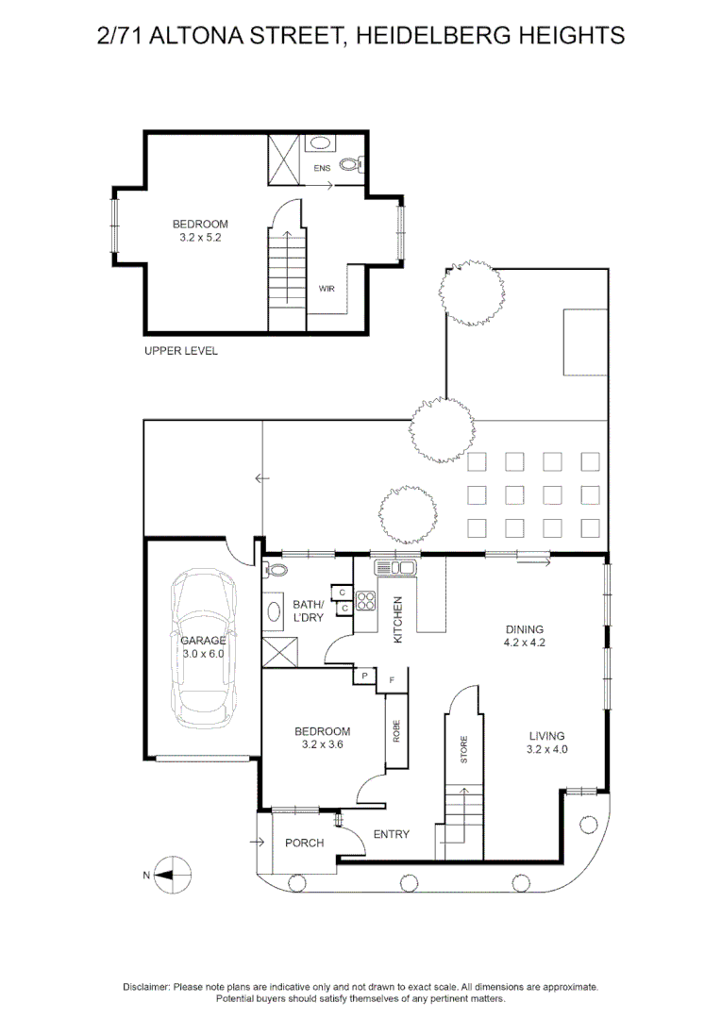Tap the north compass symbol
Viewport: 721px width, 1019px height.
170,875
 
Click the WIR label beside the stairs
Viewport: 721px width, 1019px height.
327,289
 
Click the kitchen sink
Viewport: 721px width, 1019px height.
395,567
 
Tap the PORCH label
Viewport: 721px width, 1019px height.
305,843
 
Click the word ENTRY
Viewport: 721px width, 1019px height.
391,833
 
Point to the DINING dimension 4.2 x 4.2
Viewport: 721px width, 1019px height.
525,643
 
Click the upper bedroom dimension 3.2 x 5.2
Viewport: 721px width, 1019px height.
200,238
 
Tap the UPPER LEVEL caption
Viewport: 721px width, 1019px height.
180,351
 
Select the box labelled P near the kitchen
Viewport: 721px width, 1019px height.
363,677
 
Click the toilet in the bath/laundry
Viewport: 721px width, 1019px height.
275,569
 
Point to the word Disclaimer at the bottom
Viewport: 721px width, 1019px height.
146,986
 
